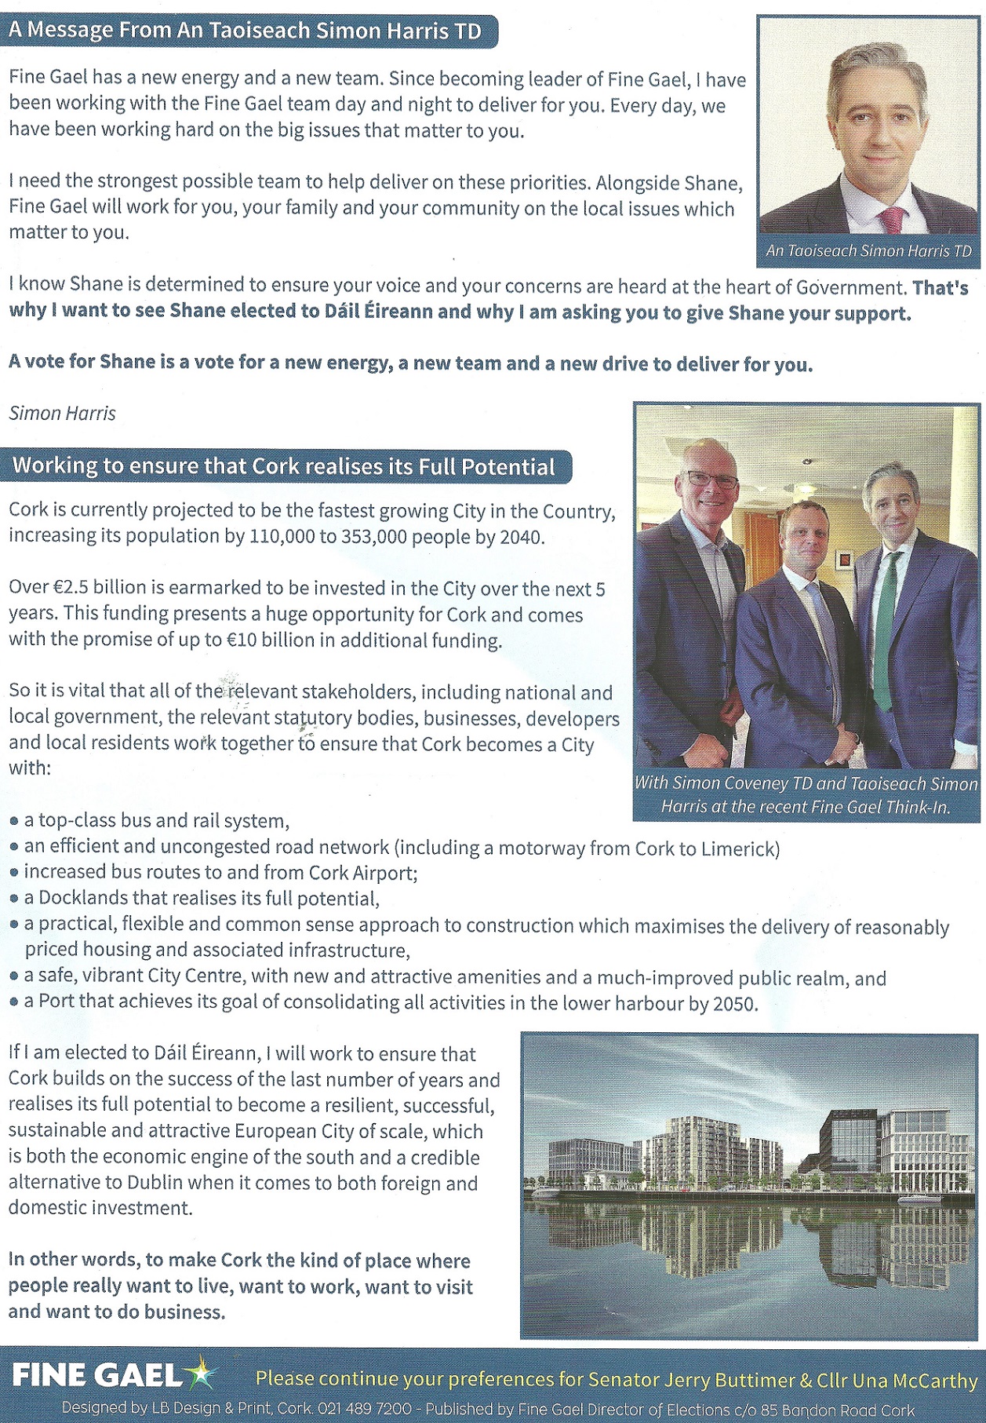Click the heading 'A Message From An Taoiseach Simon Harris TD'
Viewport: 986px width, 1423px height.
click(x=245, y=31)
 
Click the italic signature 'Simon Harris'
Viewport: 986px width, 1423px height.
click(x=62, y=414)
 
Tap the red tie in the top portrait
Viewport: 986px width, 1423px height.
click(x=892, y=221)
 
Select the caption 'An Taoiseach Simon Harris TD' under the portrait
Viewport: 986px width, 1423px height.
click(x=868, y=251)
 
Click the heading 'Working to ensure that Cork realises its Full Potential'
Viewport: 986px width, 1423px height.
click(x=284, y=467)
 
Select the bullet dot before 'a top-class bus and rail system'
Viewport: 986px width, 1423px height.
click(x=14, y=822)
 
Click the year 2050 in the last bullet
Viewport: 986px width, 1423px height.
click(x=734, y=1004)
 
